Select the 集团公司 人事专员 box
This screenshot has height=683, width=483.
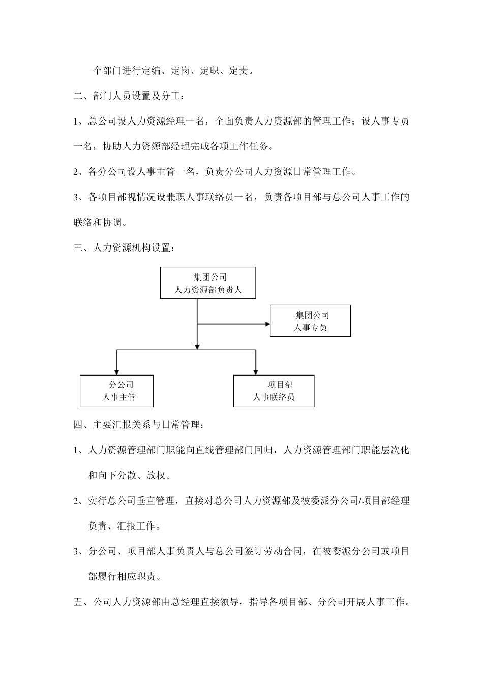click(310, 321)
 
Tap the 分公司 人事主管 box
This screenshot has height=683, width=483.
click(116, 391)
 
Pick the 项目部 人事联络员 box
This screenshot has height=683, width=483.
click(274, 391)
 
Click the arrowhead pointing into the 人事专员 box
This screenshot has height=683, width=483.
click(266, 323)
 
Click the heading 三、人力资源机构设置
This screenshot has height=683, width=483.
click(126, 248)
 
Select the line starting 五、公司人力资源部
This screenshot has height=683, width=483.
click(242, 602)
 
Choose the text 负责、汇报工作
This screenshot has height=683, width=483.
click(125, 526)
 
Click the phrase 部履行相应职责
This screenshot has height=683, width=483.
click(125, 577)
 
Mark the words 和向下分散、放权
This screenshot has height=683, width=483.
click(129, 476)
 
